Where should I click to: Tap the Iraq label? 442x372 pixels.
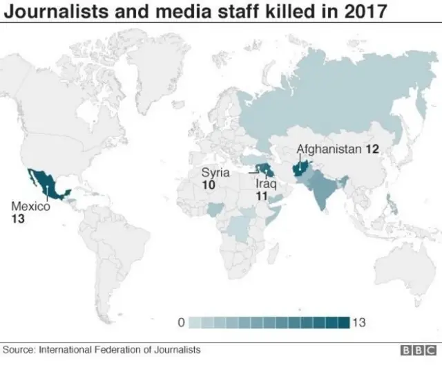point(265,185)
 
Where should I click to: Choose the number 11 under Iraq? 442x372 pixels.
point(261,196)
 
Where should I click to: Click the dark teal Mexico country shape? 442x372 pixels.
point(46,183)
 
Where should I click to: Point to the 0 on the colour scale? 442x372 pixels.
point(180,322)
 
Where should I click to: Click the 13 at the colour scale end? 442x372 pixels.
point(358,322)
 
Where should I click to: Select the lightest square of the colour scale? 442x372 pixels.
point(195,322)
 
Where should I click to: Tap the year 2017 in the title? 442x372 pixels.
point(361,12)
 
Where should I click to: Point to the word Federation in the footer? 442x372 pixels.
point(115,350)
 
